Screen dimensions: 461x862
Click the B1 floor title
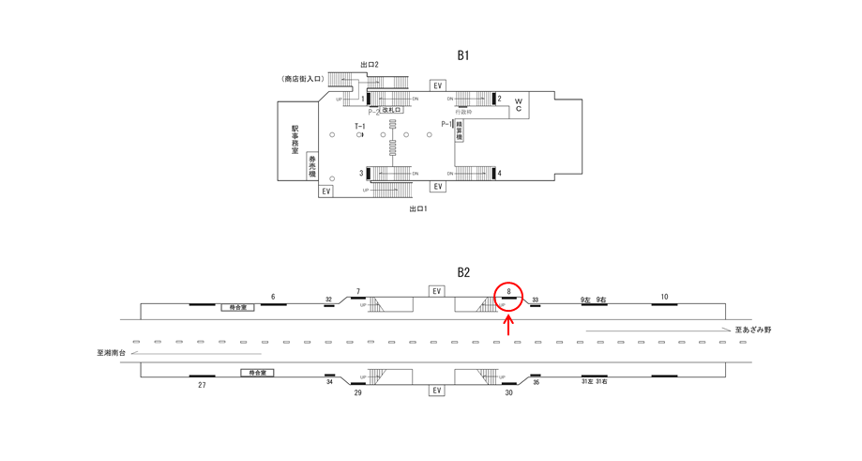coord(462,55)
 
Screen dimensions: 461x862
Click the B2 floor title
coord(462,272)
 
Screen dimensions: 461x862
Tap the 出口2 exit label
coord(369,65)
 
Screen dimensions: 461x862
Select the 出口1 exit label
coord(417,208)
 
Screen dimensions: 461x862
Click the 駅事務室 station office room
coord(295,142)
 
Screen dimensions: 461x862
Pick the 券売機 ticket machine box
coord(312,166)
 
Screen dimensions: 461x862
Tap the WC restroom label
coord(518,103)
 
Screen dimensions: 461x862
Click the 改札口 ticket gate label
coord(391,111)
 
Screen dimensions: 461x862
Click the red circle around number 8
coord(508,296)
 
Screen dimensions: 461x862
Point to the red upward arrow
coord(508,325)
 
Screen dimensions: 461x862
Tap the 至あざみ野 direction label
coord(753,330)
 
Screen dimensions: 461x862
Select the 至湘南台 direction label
coord(111,353)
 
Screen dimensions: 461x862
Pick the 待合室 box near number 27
coord(257,373)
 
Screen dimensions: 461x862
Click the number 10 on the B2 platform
coord(664,297)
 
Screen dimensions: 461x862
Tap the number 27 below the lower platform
coord(202,385)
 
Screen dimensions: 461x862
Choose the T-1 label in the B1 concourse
coord(359,126)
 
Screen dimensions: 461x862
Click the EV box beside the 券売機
coord(325,191)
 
